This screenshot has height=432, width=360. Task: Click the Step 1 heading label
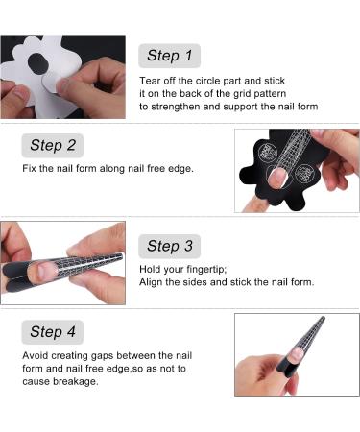(169, 56)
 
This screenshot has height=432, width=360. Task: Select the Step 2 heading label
(53, 145)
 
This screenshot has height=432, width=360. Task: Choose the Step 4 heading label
(53, 332)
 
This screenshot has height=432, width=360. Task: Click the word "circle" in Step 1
(209, 80)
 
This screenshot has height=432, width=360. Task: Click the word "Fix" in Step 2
(31, 169)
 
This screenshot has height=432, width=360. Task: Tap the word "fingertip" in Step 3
(201, 270)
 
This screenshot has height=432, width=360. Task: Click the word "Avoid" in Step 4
(36, 355)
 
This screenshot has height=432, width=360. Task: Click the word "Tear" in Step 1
(151, 80)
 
